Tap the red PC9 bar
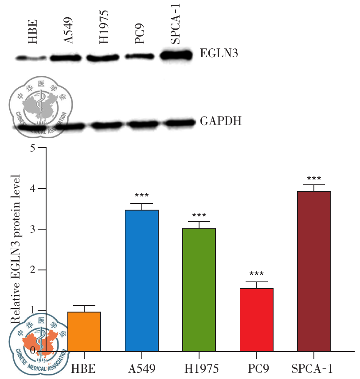click(x=256, y=320)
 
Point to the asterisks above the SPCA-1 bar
click(x=313, y=177)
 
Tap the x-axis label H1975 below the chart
click(x=199, y=367)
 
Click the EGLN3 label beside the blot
click(x=219, y=54)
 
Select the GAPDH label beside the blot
click(x=221, y=120)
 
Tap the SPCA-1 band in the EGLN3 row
click(x=177, y=55)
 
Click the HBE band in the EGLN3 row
click(x=31, y=58)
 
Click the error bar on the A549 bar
click(x=141, y=206)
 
